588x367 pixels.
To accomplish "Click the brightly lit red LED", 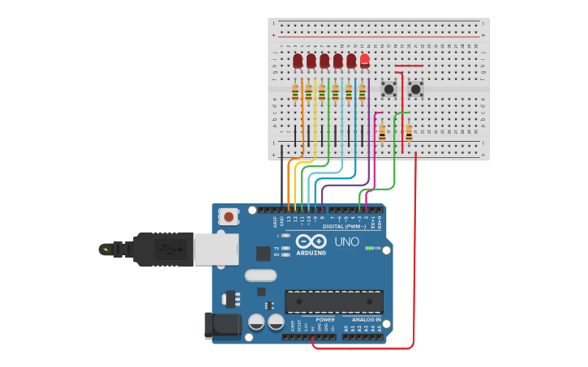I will coord(365,60).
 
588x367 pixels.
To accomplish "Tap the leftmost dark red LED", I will coord(298,61).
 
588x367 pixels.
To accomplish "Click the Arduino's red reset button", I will coord(230,216).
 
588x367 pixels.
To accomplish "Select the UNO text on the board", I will coord(346,241).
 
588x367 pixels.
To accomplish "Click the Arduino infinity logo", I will coord(311,241).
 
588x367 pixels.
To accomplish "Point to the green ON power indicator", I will coord(371,248).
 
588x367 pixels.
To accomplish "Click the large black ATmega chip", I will coord(333,301).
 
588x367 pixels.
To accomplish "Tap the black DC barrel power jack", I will coord(222,325).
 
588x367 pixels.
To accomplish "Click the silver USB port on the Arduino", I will coord(217,250).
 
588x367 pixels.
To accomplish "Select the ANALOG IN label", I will coord(366,320).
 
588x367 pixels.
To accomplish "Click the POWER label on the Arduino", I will coord(325,320).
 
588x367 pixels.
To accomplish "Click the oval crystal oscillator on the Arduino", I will coord(260,275).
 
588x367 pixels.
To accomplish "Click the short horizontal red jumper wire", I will coord(409,66).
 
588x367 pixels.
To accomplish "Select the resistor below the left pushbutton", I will coord(382,132).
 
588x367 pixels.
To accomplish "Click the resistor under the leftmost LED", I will coord(295,92).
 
